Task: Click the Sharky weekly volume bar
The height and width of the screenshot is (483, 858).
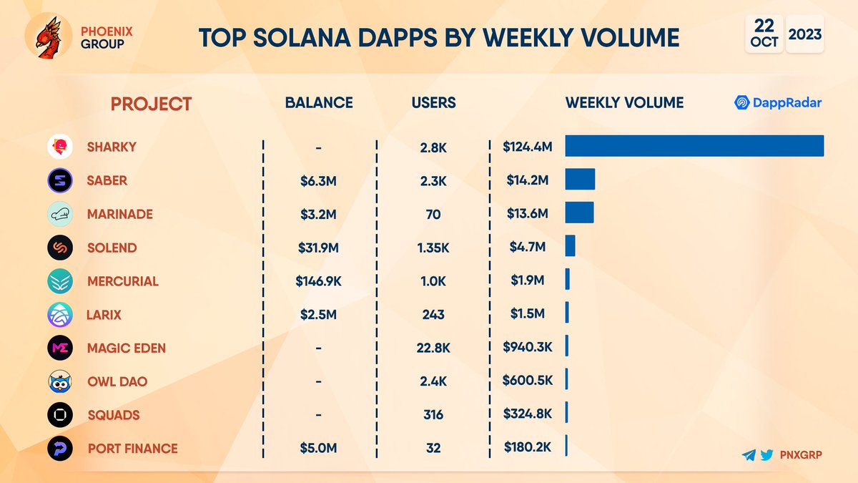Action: (694, 146)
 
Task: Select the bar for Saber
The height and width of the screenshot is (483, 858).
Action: (580, 180)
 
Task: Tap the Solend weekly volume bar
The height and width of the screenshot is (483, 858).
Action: (570, 247)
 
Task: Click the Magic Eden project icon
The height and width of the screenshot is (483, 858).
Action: (60, 348)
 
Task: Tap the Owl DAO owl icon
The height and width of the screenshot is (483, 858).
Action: (60, 382)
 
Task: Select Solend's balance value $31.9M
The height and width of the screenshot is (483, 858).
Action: (319, 248)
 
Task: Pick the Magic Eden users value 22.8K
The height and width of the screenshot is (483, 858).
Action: (433, 348)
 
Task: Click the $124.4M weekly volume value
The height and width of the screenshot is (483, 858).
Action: (528, 147)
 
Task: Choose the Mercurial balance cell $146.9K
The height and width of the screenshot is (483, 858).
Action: (319, 281)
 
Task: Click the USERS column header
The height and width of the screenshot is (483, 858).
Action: (433, 103)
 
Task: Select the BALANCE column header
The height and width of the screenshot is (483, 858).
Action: (319, 103)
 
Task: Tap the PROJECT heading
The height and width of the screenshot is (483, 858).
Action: (151, 104)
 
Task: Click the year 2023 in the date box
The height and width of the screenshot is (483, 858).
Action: (805, 34)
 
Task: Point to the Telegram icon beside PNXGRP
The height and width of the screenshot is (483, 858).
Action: (749, 454)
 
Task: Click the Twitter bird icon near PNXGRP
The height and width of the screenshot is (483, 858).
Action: (766, 454)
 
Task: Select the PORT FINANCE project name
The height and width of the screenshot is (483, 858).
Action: (132, 449)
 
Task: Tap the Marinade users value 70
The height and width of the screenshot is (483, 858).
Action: (433, 214)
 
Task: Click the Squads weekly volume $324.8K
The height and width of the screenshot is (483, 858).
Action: (528, 415)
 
